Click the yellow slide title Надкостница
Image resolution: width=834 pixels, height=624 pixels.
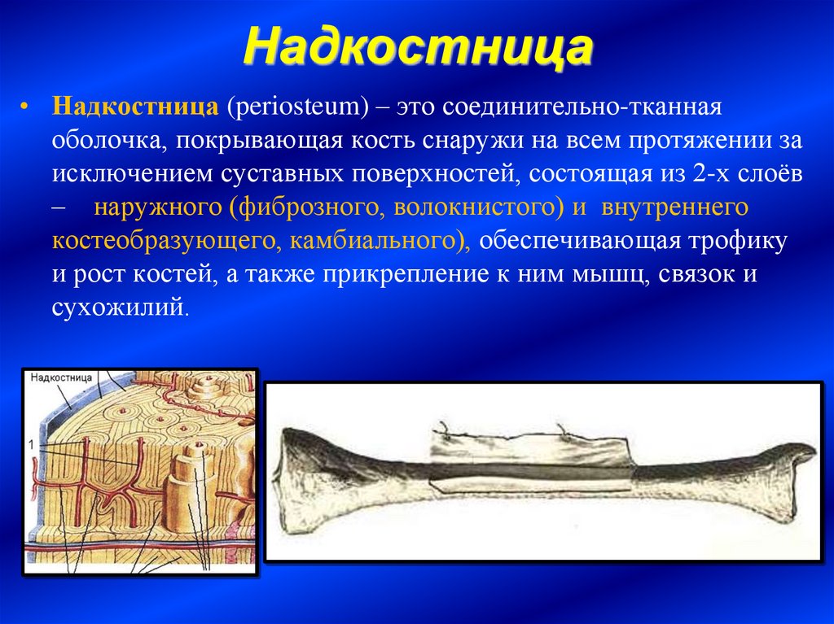[419, 47]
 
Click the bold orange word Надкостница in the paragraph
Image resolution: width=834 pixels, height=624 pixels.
[135, 107]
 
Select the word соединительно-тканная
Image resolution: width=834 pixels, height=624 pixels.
[582, 107]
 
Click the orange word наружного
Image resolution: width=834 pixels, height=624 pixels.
[157, 207]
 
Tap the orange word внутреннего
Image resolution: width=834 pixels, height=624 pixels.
[674, 207]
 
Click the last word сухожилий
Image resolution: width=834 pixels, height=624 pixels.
[118, 308]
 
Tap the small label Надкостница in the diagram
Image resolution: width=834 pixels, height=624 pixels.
[61, 378]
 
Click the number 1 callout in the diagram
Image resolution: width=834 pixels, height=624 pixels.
[32, 444]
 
